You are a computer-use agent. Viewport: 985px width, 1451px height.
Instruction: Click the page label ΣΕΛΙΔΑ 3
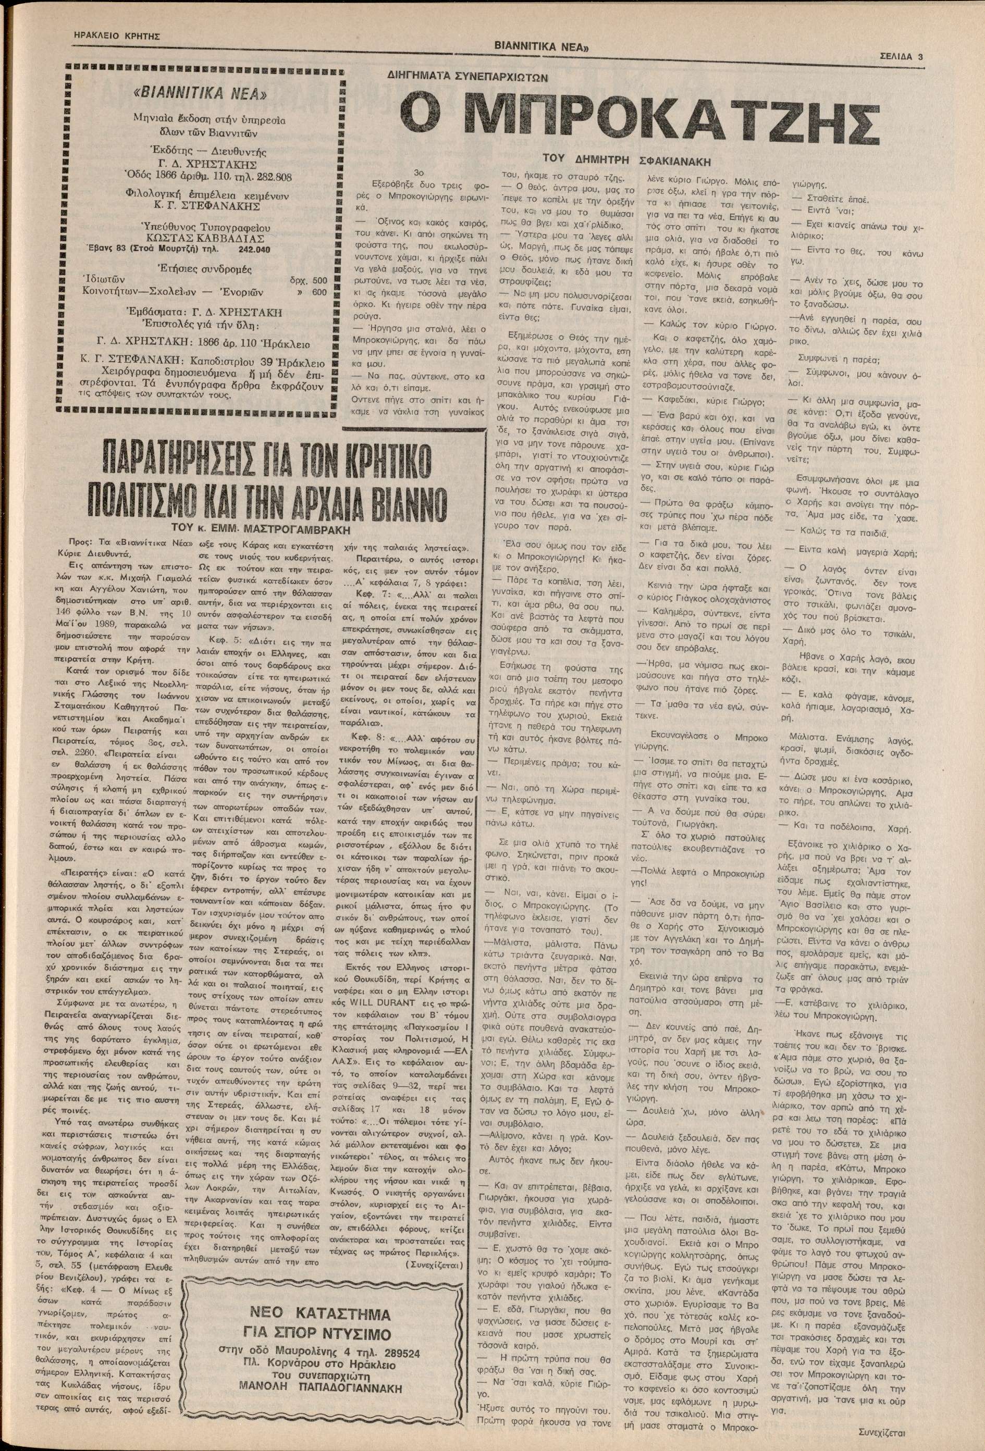tap(904, 56)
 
